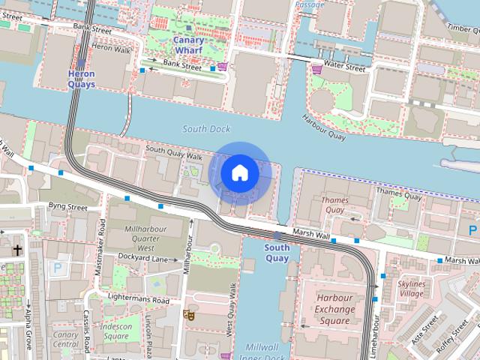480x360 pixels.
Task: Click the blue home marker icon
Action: tap(240, 173)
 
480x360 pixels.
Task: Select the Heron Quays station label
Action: tap(81, 79)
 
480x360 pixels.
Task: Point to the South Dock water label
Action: tap(206, 129)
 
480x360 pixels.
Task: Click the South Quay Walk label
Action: tap(174, 152)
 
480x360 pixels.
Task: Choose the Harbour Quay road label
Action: tap(323, 127)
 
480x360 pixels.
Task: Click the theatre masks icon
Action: tap(190, 316)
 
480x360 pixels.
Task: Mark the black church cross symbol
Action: tap(18, 250)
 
